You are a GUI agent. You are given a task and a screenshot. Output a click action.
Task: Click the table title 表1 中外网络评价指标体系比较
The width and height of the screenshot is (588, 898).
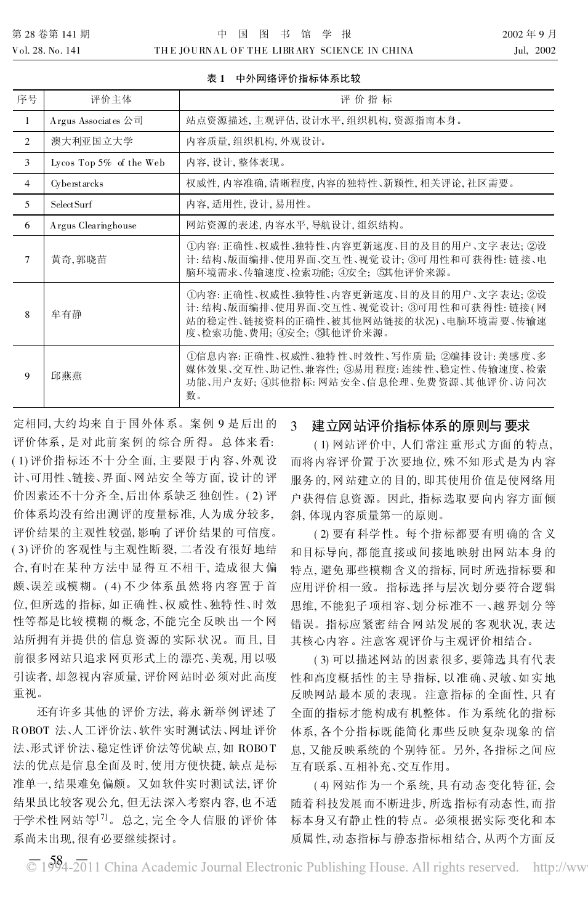point(284,79)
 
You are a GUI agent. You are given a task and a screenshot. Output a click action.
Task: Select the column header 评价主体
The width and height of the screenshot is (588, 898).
point(111,99)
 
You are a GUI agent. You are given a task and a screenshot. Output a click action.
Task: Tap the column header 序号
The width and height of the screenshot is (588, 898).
point(27,99)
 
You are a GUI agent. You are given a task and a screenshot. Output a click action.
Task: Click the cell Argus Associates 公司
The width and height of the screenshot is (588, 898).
point(97,121)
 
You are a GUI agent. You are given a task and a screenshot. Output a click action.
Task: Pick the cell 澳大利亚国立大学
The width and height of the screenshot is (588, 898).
point(92,142)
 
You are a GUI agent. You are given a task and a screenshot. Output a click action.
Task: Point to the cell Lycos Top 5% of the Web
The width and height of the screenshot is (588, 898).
point(108,163)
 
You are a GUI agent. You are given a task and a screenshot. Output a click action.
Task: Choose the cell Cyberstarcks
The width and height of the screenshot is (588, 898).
point(77,184)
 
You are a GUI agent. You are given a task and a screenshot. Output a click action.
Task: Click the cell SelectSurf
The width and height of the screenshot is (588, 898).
point(71,204)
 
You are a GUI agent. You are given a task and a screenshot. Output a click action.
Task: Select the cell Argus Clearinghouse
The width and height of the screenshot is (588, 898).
point(94,225)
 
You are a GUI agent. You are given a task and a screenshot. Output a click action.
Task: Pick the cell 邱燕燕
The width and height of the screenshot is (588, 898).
point(66,375)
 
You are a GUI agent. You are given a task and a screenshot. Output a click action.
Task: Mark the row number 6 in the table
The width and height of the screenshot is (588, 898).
point(27,225)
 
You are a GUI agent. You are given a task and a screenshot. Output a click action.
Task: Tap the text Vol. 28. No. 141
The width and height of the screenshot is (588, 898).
point(46,51)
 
